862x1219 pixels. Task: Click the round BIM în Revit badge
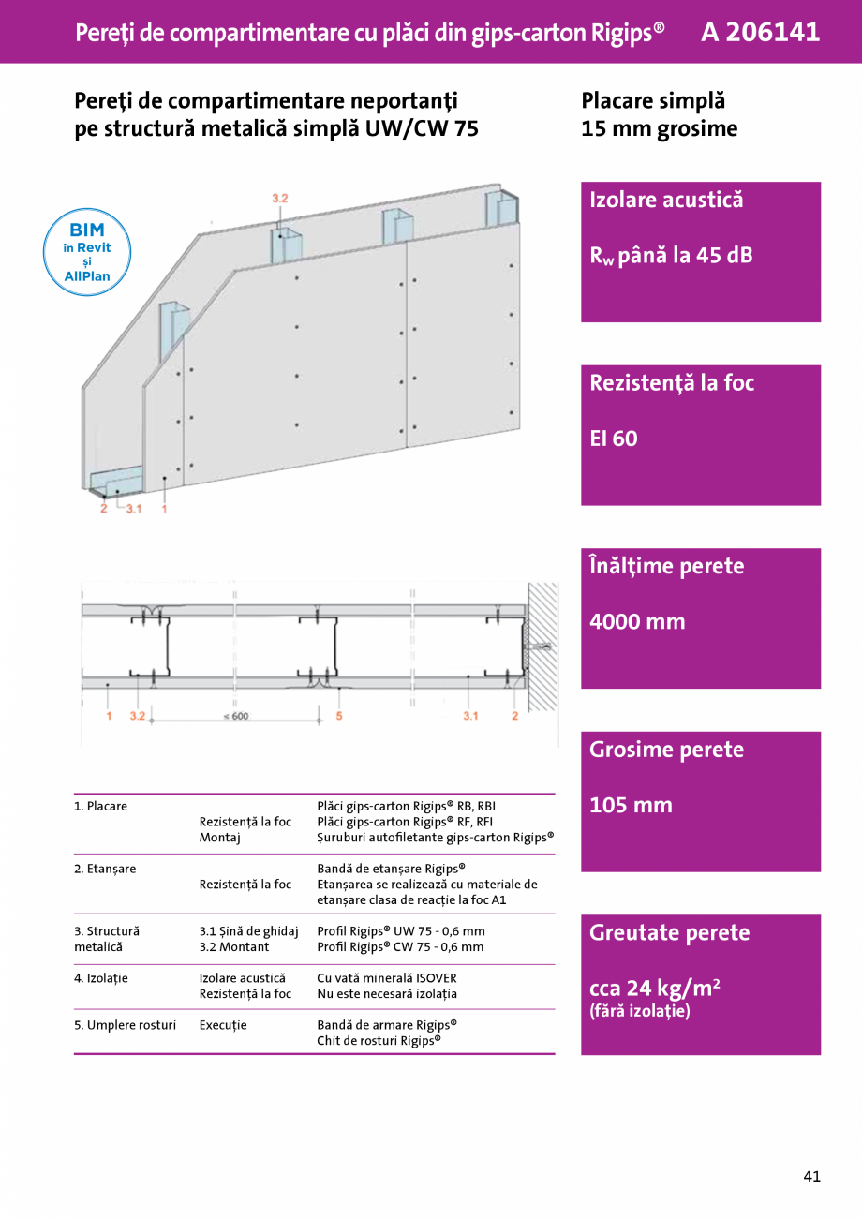click(87, 252)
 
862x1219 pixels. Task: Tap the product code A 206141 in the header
click(760, 32)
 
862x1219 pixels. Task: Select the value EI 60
click(614, 439)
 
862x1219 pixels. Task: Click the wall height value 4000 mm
click(637, 621)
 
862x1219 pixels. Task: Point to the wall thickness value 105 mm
click(631, 805)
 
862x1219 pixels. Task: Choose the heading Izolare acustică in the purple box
click(665, 200)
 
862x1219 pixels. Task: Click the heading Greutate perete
click(669, 932)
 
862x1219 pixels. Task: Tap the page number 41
click(811, 1176)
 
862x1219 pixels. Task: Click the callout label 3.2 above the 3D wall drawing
click(279, 199)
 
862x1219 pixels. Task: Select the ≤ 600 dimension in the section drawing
click(236, 716)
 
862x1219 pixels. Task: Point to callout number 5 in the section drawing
click(338, 716)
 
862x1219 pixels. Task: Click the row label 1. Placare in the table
click(100, 806)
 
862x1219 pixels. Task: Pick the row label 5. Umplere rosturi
click(125, 1025)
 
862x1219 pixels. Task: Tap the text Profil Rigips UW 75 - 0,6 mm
click(400, 931)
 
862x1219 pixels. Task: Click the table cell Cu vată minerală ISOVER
click(386, 978)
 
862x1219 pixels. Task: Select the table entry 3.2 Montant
click(233, 947)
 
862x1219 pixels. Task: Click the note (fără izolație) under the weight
click(639, 1011)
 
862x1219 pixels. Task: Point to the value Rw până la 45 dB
click(670, 256)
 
